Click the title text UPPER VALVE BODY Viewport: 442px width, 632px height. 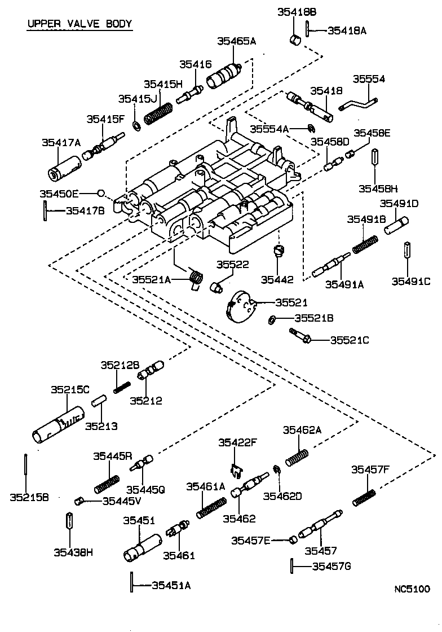click(79, 24)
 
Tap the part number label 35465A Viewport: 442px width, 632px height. click(237, 41)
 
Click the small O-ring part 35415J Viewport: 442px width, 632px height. click(137, 124)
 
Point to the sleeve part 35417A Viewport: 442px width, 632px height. click(63, 168)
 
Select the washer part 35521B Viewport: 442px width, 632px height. click(271, 319)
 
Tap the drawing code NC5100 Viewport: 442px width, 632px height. click(412, 589)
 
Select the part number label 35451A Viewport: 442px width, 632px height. click(171, 585)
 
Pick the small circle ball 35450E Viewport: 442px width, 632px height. click(100, 193)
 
